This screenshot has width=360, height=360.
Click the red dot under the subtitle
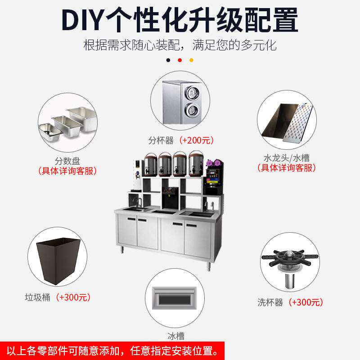coord(180,60)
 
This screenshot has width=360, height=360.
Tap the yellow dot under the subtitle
coord(191,60)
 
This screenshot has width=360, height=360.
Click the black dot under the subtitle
coord(168,60)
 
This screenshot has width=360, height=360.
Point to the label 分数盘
coord(67,161)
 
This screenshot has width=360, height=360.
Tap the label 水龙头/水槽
coord(287,158)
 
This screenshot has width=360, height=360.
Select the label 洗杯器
coord(270,302)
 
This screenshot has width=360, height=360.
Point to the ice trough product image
coord(175,297)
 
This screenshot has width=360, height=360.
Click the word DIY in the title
coord(85,20)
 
